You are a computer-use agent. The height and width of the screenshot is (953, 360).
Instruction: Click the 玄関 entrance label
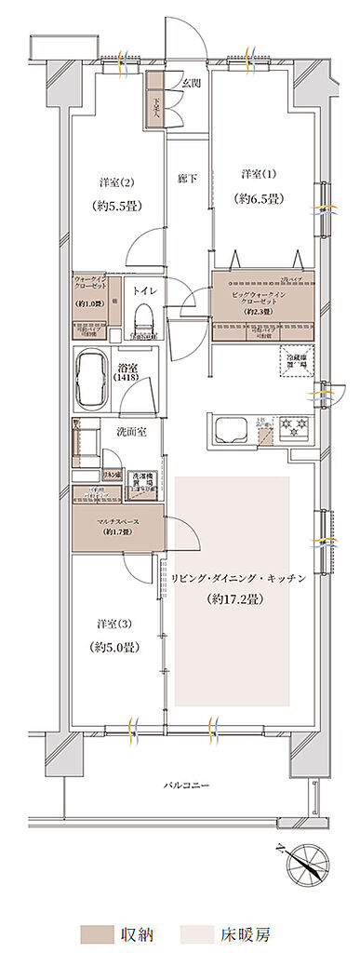click(x=189, y=83)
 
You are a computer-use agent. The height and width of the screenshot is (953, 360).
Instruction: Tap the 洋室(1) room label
click(x=257, y=174)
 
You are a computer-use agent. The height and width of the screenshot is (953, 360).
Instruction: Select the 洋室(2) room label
click(x=113, y=181)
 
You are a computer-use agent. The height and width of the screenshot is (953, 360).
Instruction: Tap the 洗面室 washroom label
click(x=128, y=432)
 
